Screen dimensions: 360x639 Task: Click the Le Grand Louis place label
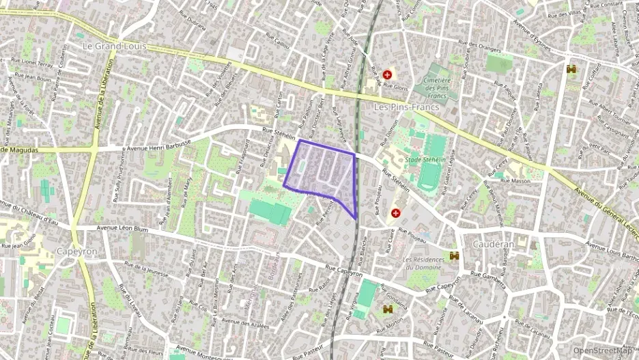click(x=114, y=46)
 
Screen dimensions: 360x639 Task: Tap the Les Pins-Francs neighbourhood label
click(x=404, y=107)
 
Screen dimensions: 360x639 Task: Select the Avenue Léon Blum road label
click(x=122, y=230)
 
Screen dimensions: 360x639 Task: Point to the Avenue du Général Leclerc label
click(x=605, y=212)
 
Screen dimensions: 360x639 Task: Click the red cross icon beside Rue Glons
click(x=387, y=74)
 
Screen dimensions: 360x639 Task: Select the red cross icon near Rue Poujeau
click(x=395, y=213)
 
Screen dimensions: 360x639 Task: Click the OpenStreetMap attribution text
click(x=602, y=351)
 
